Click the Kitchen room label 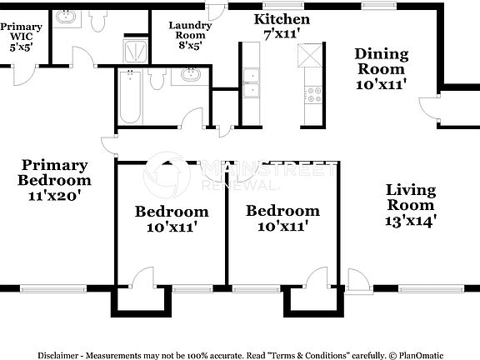pyautogui.click(x=282, y=19)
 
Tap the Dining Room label pyautogui.click(x=382, y=62)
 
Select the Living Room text pyautogui.click(x=410, y=197)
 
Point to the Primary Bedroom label pyautogui.click(x=55, y=172)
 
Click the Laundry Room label pyautogui.click(x=190, y=31)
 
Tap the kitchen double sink pyautogui.click(x=251, y=82)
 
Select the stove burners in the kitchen pyautogui.click(x=314, y=94)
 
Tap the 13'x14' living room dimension pyautogui.click(x=410, y=221)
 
